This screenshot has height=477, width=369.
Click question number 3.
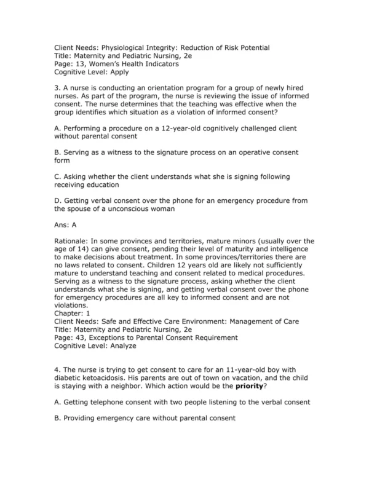point(57,88)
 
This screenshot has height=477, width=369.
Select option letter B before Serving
point(58,152)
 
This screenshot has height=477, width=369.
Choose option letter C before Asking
point(58,176)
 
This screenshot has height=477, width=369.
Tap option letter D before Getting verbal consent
point(58,200)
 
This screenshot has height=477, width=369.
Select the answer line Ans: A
point(65,224)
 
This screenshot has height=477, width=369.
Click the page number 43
point(79,337)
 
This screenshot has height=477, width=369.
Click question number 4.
point(57,369)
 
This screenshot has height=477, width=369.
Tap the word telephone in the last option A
point(109,402)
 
